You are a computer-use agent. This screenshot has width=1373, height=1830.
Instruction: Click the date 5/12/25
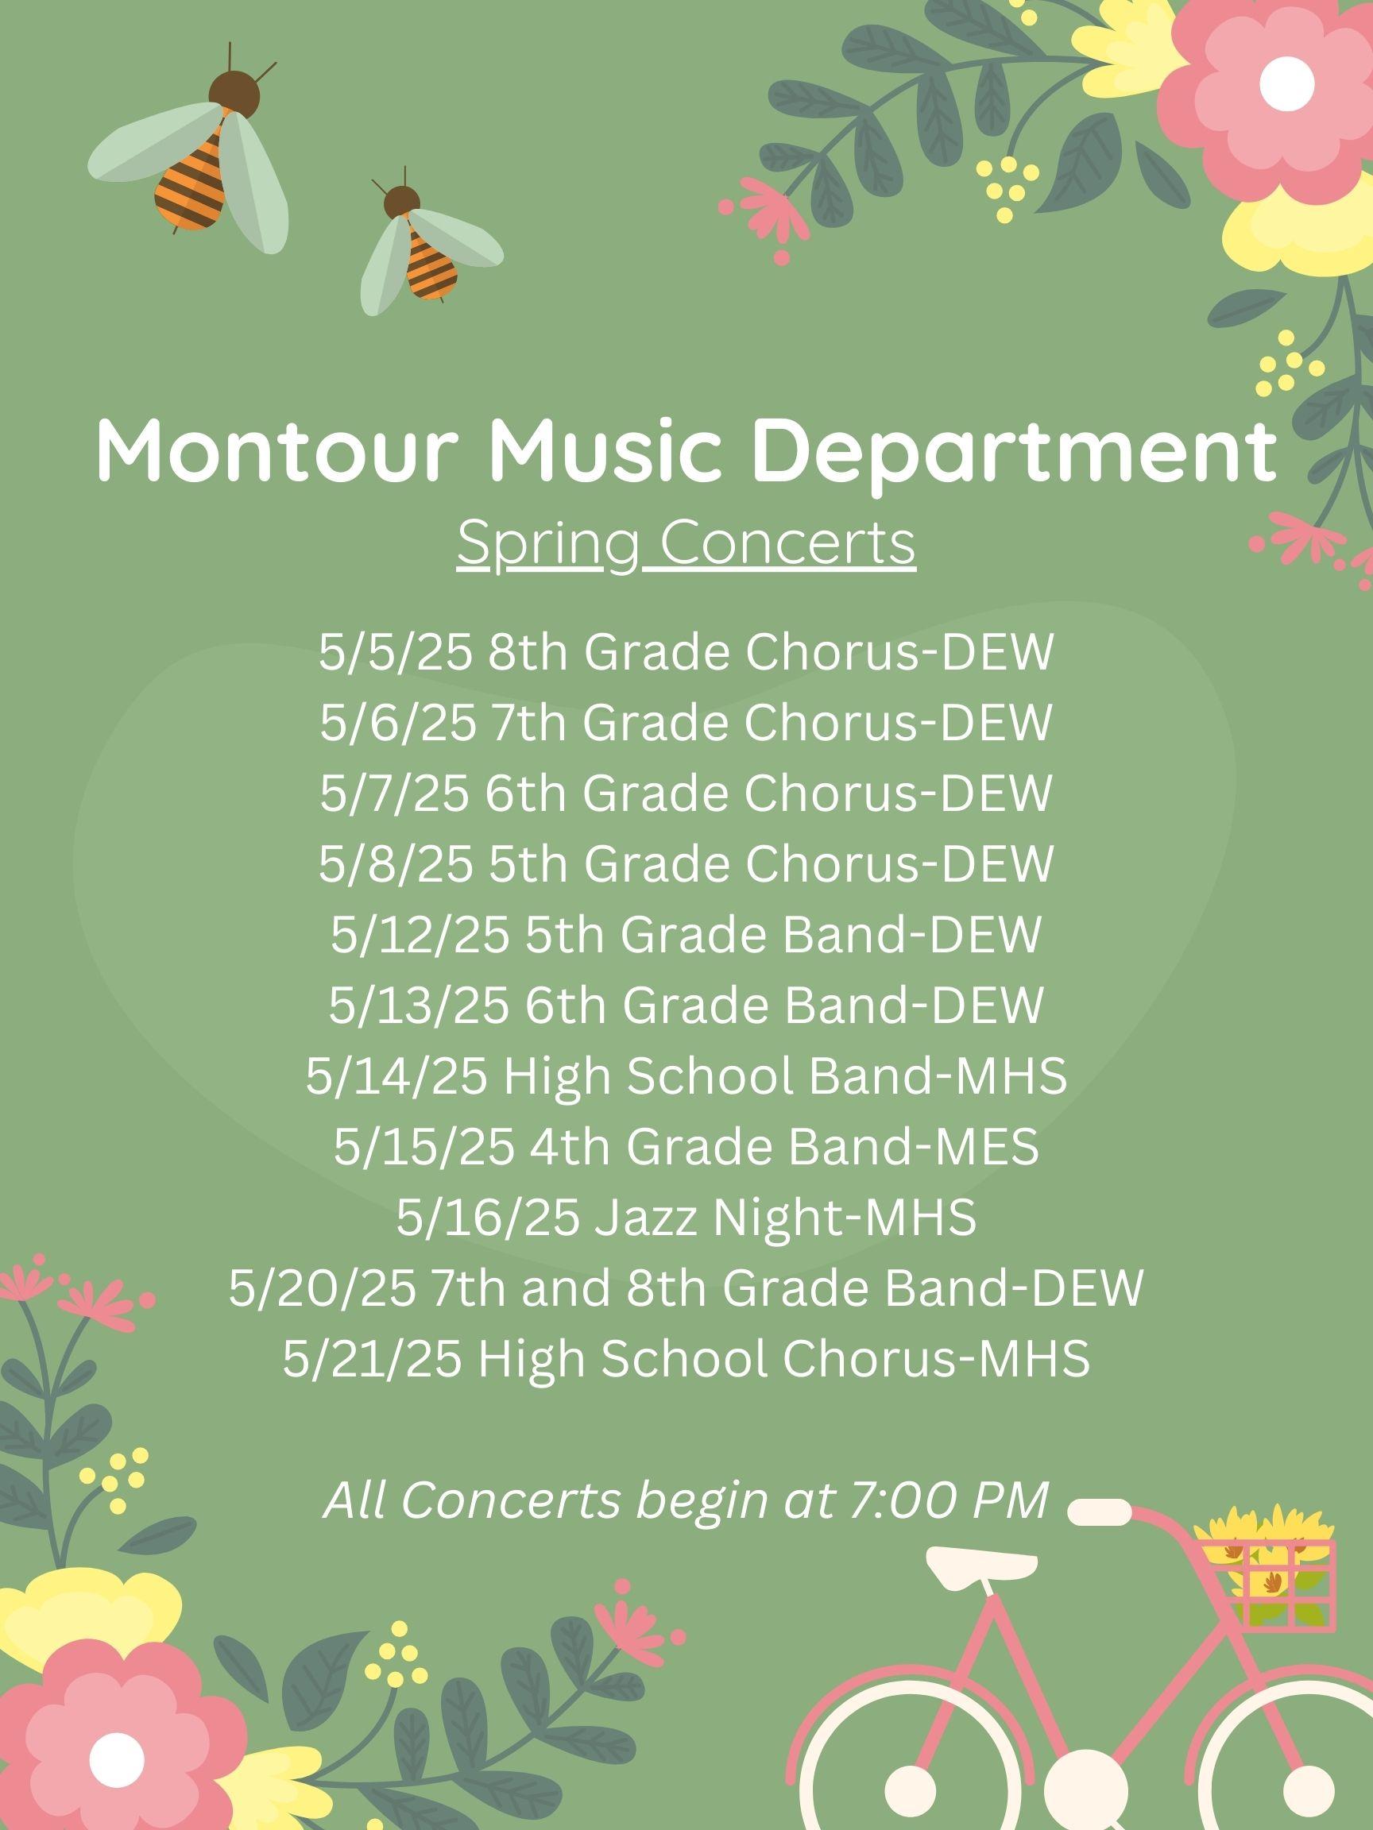pos(420,934)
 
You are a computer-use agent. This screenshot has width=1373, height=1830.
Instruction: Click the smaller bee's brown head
pos(401,201)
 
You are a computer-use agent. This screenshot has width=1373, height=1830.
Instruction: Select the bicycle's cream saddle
pos(980,1566)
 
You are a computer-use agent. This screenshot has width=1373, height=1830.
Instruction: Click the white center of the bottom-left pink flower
pos(117,1758)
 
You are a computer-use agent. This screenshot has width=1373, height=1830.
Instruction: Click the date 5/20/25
pos(321,1288)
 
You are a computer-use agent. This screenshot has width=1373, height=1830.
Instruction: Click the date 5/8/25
pos(396,863)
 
